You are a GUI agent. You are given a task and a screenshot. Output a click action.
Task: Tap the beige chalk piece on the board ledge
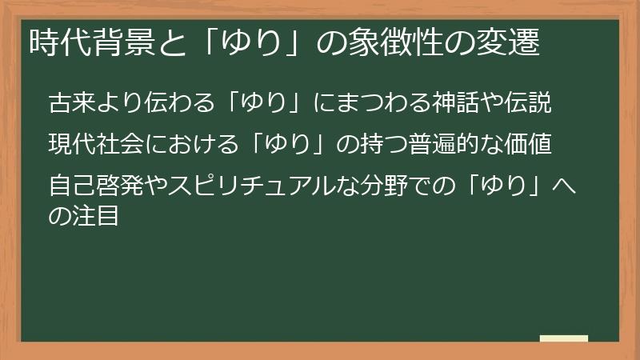point(564,338)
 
